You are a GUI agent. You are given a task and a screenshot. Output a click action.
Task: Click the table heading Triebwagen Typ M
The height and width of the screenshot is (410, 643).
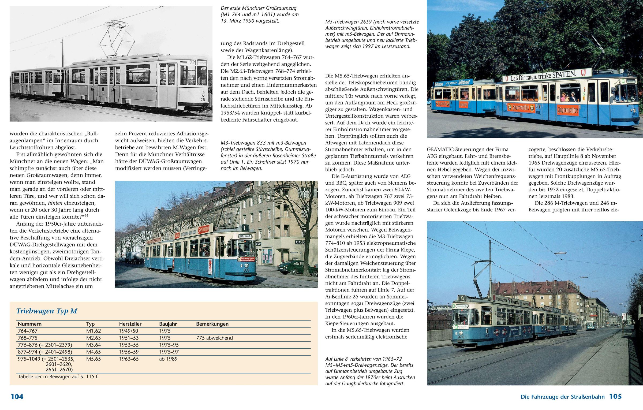click(47, 311)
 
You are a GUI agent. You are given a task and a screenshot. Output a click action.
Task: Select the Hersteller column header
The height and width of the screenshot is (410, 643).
click(130, 324)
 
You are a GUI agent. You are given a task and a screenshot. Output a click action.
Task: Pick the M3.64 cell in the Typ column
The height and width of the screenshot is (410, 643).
click(94, 345)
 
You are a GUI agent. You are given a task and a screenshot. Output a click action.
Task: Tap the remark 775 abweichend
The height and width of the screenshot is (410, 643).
click(214, 338)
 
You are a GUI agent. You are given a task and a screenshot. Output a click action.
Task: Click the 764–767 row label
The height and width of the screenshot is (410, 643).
click(28, 331)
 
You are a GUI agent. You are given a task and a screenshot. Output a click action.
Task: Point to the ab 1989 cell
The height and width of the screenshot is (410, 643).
click(168, 359)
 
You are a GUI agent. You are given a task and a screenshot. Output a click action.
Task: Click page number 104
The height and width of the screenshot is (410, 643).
click(17, 397)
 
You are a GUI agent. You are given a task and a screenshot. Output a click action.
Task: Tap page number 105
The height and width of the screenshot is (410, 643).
click(615, 396)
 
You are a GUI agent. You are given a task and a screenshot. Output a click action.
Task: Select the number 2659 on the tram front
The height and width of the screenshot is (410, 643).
click(634, 115)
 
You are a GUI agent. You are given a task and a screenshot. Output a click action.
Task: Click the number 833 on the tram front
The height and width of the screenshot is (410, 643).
click(246, 270)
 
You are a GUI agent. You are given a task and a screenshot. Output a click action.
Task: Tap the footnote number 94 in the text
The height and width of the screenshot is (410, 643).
click(86, 215)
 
